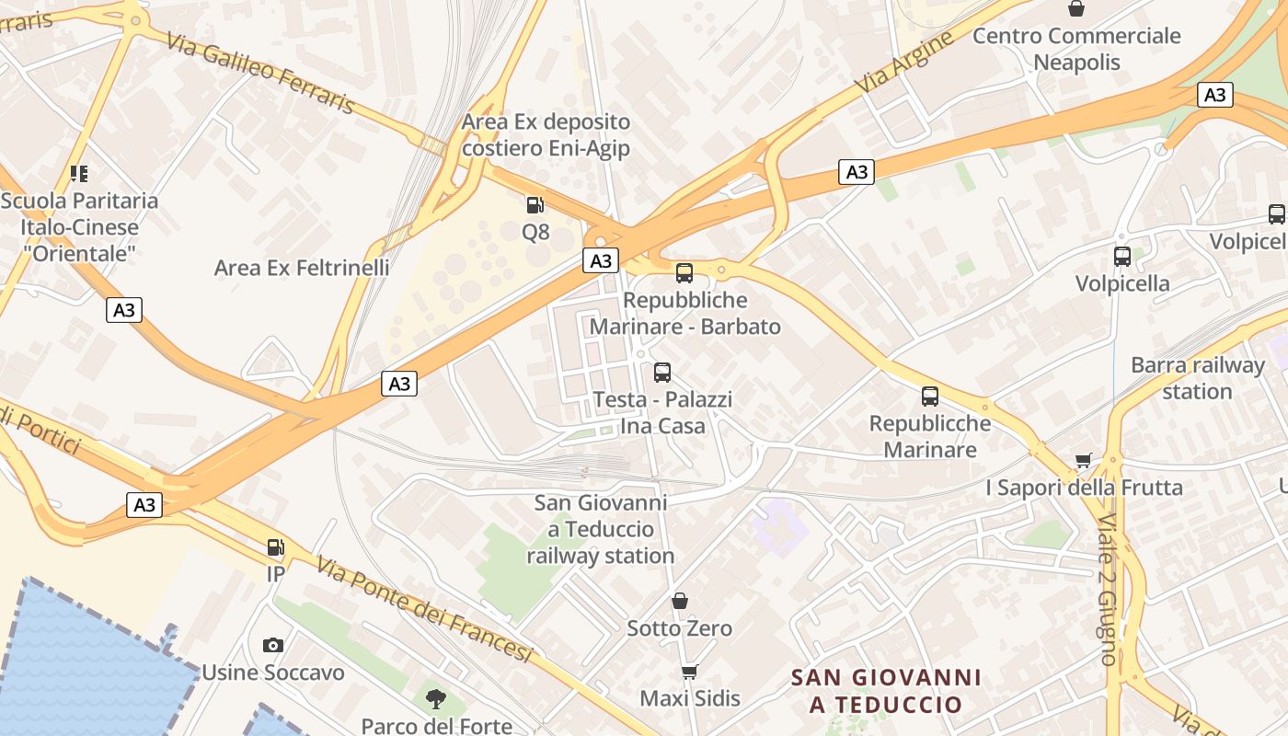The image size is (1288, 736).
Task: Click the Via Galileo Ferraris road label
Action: click(261, 71)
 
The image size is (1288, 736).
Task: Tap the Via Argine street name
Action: click(905, 61)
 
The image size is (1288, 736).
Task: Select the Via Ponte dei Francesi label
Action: click(424, 609)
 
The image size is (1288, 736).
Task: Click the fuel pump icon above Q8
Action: click(535, 204)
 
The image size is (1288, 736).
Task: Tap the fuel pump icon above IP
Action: click(275, 547)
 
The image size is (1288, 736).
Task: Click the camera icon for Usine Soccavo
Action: click(273, 645)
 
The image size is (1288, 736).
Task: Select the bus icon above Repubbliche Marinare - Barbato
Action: click(684, 272)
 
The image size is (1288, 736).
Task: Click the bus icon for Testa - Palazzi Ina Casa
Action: click(662, 373)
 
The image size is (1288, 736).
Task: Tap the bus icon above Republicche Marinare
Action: click(930, 397)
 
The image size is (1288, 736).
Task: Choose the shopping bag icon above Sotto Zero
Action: click(680, 601)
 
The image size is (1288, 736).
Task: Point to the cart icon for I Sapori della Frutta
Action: click(1084, 460)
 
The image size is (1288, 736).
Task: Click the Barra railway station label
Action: click(1198, 378)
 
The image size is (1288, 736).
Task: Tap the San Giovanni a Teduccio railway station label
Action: click(601, 529)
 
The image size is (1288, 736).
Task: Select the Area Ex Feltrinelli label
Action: click(302, 268)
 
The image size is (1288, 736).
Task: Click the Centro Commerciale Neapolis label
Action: click(1076, 49)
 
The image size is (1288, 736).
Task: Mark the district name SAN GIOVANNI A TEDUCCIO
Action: click(886, 691)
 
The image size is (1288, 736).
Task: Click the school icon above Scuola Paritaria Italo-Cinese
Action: click(79, 173)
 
